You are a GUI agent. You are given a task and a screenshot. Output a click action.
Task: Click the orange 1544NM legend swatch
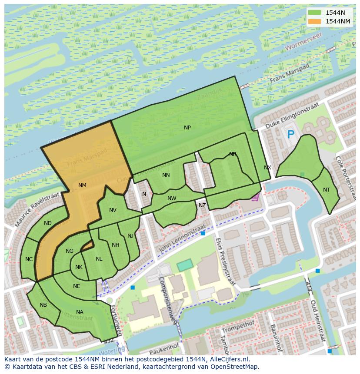point(315,21)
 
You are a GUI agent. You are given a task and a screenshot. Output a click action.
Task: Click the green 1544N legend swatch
point(315,13)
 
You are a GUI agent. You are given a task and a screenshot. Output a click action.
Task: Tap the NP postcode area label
point(187,128)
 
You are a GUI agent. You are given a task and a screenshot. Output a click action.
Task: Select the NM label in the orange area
point(82,185)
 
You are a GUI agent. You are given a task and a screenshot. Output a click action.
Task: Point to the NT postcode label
point(327,190)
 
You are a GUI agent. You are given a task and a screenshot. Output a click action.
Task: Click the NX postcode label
point(267,168)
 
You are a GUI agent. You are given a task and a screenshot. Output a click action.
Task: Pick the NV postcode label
point(113,210)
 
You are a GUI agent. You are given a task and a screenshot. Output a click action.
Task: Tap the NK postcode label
point(79,267)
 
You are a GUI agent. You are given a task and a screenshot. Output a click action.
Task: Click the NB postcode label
point(43,305)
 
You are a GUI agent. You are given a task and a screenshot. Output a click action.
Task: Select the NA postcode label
point(80,312)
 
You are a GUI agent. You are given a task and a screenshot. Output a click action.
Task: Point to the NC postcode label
point(29,259)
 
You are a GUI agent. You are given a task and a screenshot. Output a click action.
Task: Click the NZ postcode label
point(202,205)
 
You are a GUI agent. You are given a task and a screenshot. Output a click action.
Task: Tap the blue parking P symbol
point(290,135)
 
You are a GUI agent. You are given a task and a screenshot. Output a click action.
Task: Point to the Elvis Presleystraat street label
point(225,261)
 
